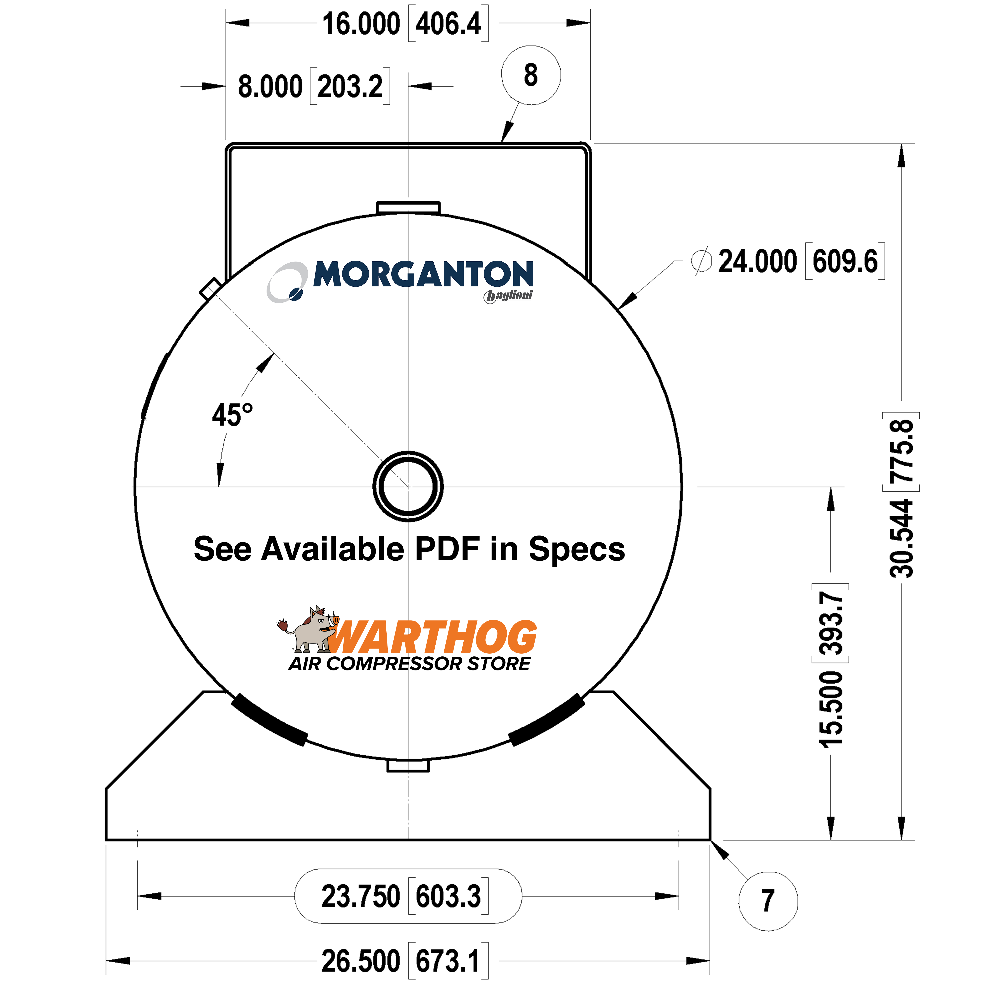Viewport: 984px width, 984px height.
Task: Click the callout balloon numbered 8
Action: tap(531, 75)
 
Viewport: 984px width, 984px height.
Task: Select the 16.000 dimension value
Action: tap(361, 24)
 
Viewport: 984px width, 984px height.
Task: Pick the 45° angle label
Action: tap(232, 415)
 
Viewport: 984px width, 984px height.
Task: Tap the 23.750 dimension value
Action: tap(361, 896)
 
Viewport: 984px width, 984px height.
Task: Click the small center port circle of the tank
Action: tap(408, 486)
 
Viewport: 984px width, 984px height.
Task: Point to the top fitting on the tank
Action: tap(408, 207)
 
